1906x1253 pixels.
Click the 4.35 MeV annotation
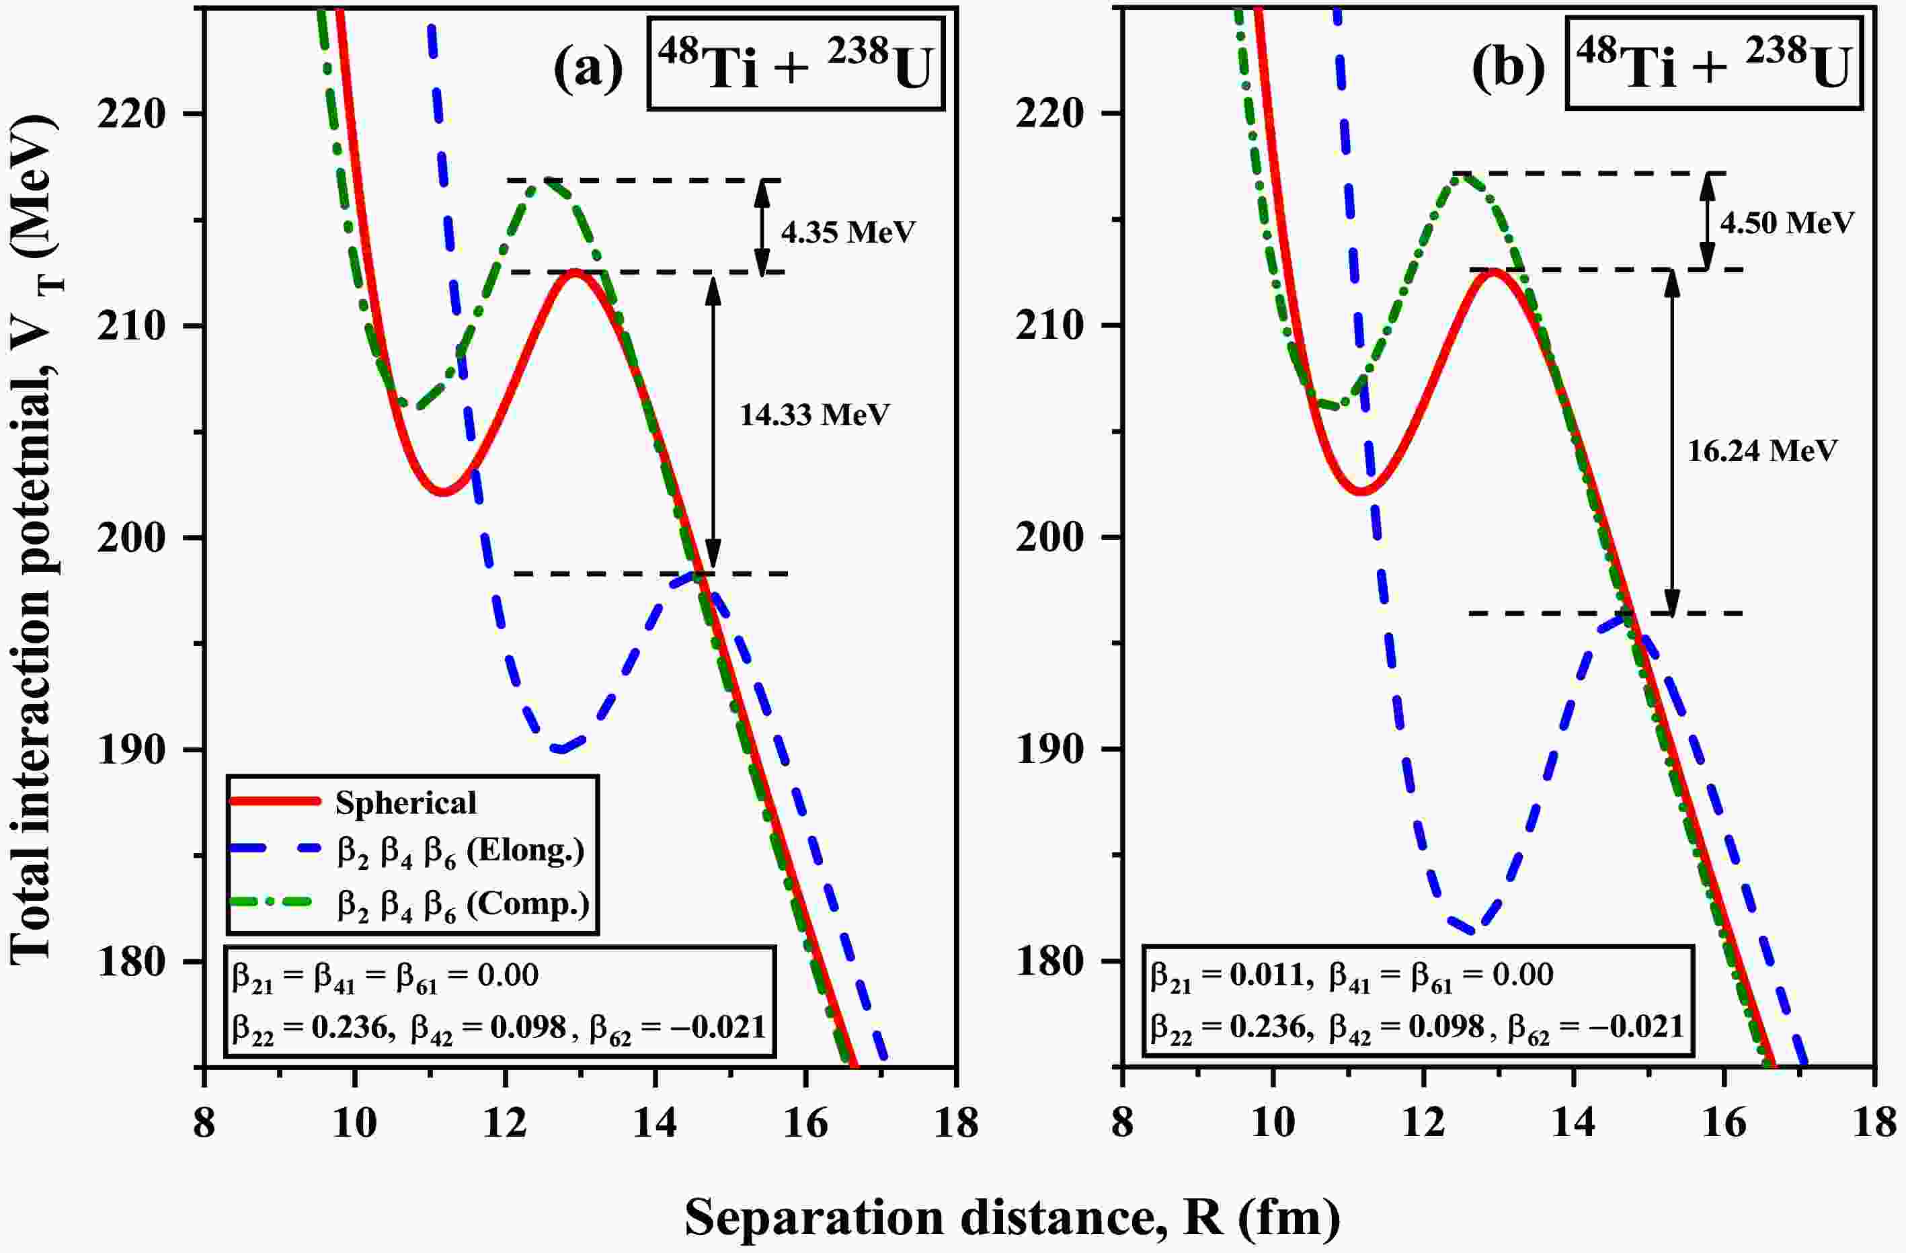point(848,232)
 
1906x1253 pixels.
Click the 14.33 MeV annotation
point(814,415)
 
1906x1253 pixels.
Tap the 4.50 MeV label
point(1787,222)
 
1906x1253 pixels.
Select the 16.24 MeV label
point(1762,451)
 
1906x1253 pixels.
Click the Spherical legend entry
point(405,802)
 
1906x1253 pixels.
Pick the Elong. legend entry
point(460,851)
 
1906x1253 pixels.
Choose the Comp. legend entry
point(463,904)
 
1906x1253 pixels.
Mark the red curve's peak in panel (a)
point(575,272)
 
